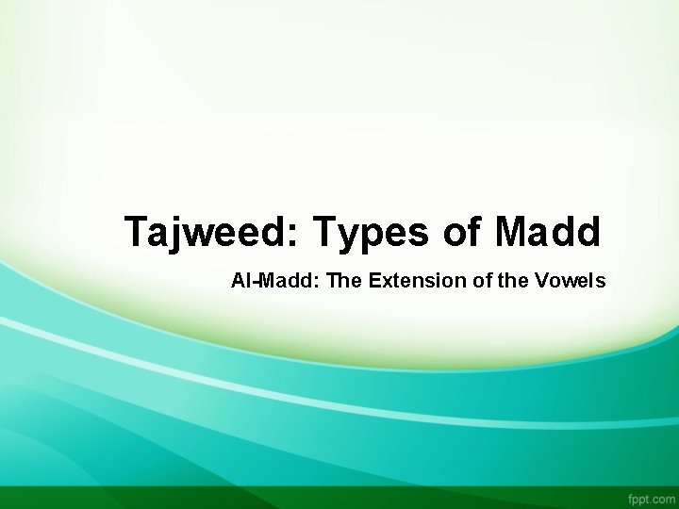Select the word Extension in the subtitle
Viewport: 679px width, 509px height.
tap(388, 281)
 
